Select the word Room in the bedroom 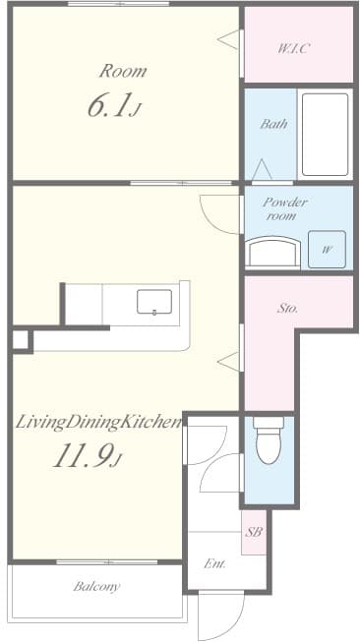coord(122,71)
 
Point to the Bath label coord(272,125)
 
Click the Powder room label coord(284,208)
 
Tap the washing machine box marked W coord(326,250)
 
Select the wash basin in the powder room coord(270,253)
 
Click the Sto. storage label coord(287,309)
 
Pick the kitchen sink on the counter coord(154,301)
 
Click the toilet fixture coord(267,443)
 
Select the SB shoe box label coord(253,532)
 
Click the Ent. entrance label coord(215,564)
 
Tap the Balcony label coord(96,587)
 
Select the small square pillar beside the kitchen coord(20,340)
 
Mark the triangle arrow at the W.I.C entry coord(229,40)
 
